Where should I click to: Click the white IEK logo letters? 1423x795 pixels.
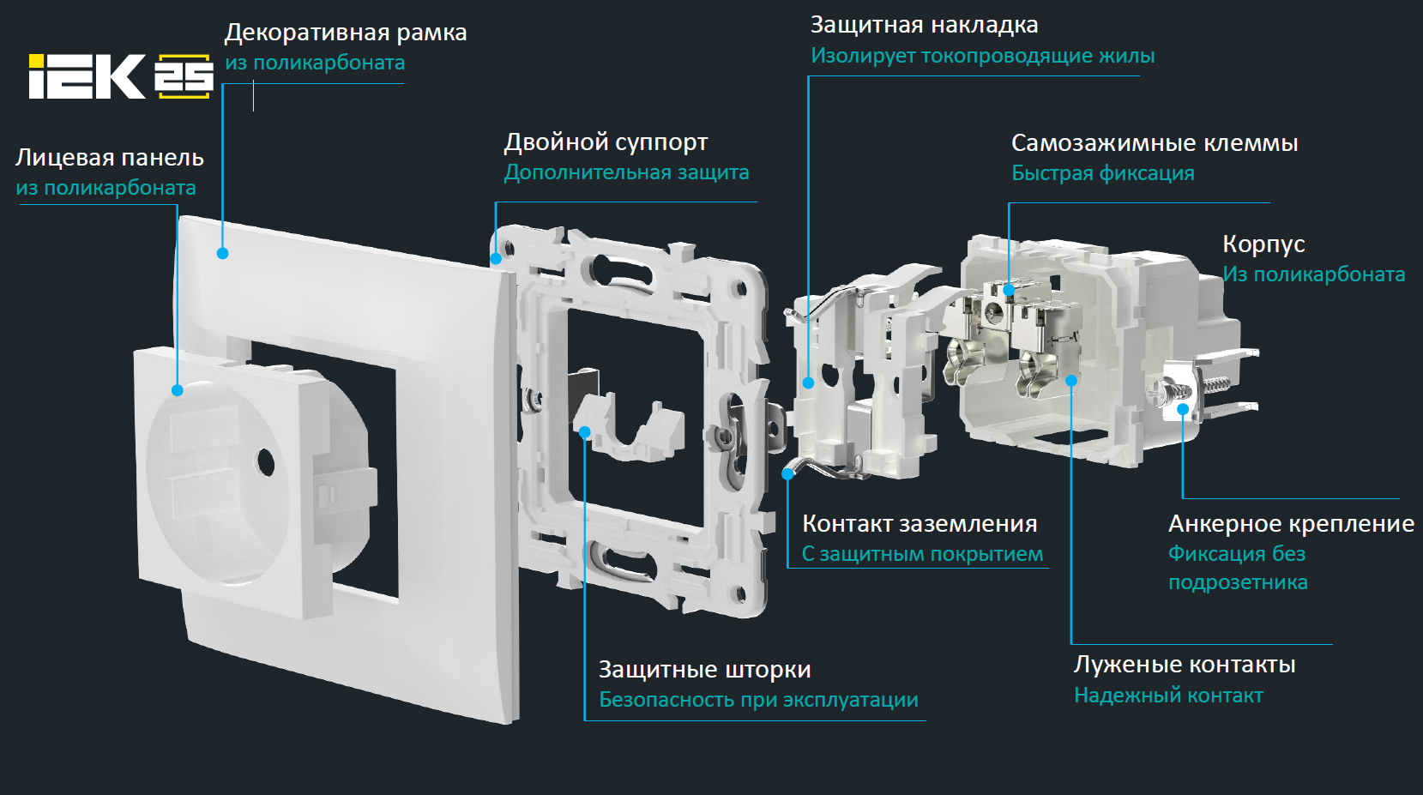tap(87, 76)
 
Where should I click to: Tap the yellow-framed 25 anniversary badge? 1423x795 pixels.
tap(184, 76)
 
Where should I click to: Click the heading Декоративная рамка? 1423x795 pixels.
tap(346, 33)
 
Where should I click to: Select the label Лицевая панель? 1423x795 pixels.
tap(109, 158)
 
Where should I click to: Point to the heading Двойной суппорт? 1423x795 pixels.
tap(606, 142)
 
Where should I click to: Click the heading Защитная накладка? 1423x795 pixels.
tap(925, 25)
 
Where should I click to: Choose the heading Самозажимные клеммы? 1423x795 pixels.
tap(1155, 143)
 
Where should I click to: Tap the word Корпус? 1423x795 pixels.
tap(1263, 244)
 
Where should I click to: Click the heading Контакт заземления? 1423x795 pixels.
tap(920, 524)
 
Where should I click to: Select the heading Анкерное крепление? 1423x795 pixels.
tap(1292, 524)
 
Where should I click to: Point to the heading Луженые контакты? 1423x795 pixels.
tap(1185, 665)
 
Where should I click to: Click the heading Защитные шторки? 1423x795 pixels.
tap(704, 669)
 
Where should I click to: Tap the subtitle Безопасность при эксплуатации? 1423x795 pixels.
tap(758, 700)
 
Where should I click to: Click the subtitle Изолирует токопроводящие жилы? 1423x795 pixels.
tap(983, 56)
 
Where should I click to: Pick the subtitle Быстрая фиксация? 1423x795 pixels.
tap(1103, 173)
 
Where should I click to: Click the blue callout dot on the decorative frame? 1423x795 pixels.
tap(222, 253)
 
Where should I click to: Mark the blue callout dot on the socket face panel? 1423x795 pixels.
tap(178, 390)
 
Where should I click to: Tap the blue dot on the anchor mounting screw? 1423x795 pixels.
tap(1183, 410)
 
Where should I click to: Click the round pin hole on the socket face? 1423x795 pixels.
tap(266, 464)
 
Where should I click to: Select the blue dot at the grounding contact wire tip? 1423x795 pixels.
tap(787, 473)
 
